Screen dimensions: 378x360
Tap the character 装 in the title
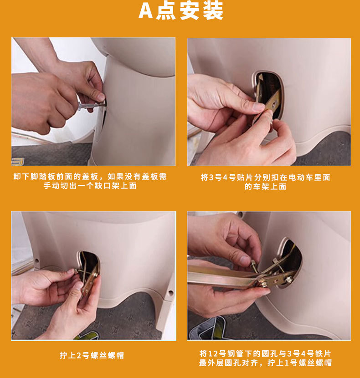click(213, 11)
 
